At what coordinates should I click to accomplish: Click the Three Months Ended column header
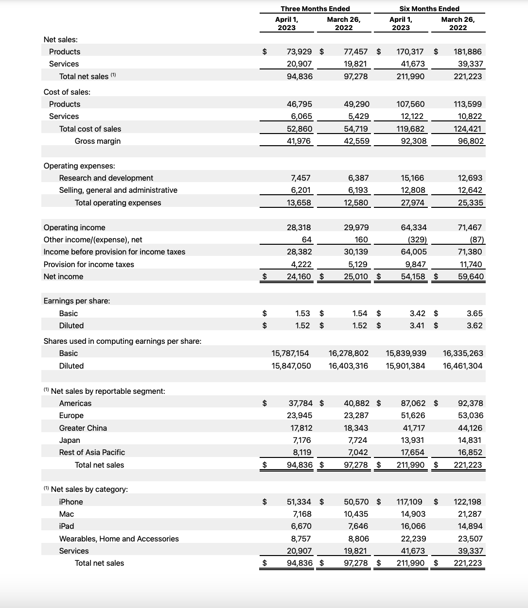click(x=315, y=9)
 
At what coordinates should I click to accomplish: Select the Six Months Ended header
click(x=429, y=9)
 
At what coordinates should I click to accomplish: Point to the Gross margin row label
click(x=98, y=141)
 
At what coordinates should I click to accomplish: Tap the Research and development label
click(x=106, y=178)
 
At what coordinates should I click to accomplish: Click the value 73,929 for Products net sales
click(x=299, y=51)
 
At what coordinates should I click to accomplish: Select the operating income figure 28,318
click(x=299, y=227)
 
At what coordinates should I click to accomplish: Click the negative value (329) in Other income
click(x=417, y=239)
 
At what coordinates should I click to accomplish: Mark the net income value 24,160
click(x=299, y=276)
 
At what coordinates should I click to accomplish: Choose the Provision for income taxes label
click(x=89, y=264)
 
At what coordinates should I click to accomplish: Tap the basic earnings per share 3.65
click(x=475, y=313)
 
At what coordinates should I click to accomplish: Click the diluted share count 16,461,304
click(x=463, y=366)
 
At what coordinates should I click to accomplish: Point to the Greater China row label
click(x=83, y=428)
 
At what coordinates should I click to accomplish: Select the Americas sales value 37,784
click(x=300, y=403)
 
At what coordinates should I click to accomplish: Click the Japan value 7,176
click(x=302, y=440)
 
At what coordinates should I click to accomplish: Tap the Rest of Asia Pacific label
click(x=92, y=452)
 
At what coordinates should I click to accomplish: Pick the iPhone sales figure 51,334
click(x=300, y=502)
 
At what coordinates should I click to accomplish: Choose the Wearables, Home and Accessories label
click(x=119, y=539)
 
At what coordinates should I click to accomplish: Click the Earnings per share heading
click(x=77, y=301)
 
